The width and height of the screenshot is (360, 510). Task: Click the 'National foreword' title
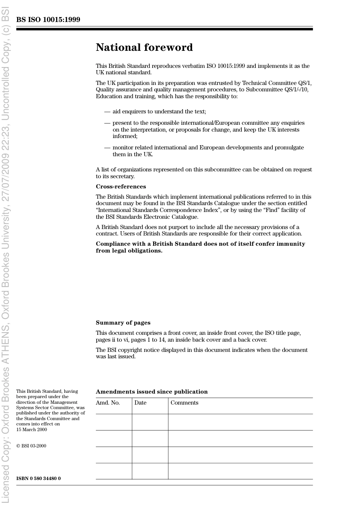144,47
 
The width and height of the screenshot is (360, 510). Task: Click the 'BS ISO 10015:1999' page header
48,20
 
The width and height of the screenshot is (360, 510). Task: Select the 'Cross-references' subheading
121,187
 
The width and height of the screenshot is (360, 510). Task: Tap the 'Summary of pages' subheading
123,323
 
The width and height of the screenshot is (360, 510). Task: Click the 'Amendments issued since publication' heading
152,392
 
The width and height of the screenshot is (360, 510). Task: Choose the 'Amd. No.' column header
108,403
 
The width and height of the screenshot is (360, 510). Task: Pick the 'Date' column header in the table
140,403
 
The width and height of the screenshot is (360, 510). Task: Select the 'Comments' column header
184,403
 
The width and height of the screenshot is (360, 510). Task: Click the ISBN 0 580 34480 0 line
38,479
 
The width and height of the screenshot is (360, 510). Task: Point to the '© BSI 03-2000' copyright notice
31,446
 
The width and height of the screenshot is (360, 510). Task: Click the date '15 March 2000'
31,430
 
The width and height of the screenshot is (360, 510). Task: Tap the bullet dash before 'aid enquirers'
107,111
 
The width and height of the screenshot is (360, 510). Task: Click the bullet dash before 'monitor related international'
107,148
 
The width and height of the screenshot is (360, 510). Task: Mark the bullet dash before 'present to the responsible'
107,123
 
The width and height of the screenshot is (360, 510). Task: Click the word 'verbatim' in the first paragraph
193,66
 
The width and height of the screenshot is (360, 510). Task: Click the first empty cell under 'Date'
150,422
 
